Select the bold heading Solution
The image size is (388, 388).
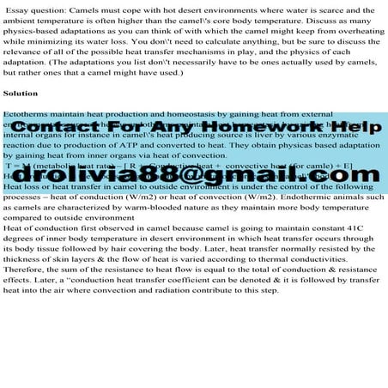click(x=21, y=92)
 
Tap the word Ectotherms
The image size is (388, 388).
click(x=27, y=113)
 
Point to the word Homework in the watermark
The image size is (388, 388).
click(x=279, y=128)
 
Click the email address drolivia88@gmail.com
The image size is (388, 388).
click(x=193, y=174)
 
